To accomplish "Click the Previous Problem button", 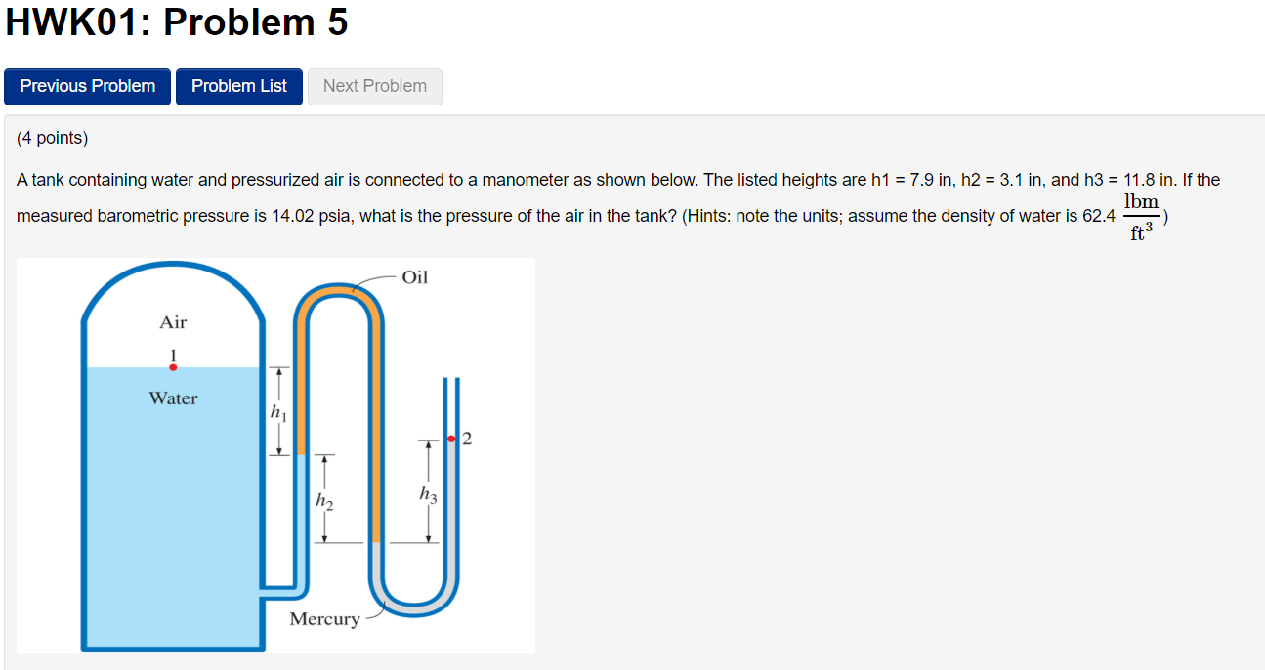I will point(87,86).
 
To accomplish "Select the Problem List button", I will point(239,86).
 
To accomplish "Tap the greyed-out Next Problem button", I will point(375,86).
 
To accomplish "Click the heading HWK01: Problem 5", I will point(177,23).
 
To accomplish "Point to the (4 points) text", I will point(52,138).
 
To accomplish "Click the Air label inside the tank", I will point(173,322).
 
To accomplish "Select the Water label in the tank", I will point(173,398).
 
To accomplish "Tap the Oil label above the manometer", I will point(415,277).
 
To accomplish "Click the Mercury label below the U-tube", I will point(324,619).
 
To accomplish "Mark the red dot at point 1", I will point(173,367).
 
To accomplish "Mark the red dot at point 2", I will point(451,440).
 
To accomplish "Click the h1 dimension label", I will point(279,413).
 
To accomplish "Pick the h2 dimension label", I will point(324,502).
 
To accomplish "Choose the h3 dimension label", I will point(427,495).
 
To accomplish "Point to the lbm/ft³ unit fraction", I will point(1140,216).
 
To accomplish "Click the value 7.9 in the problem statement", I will point(919,180).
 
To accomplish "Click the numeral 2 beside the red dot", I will point(466,439).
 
